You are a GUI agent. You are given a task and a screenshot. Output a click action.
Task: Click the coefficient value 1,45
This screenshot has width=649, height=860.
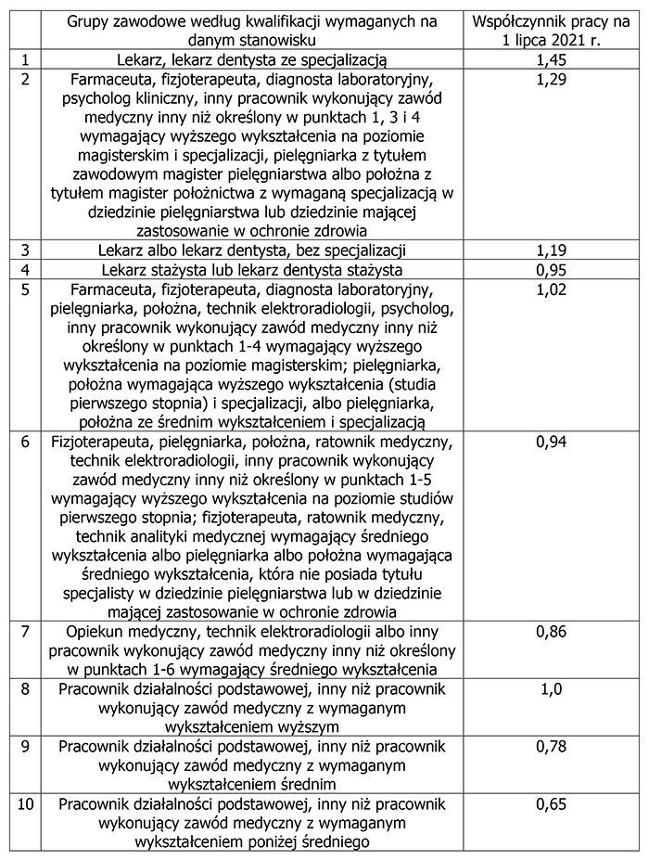[x=552, y=60]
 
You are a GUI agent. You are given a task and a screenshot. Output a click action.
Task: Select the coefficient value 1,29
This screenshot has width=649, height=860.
[x=552, y=80]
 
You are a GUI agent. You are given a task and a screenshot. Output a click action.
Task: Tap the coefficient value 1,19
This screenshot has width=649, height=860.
[x=552, y=250]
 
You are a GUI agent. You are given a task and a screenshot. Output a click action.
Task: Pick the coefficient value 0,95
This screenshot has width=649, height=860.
[x=552, y=270]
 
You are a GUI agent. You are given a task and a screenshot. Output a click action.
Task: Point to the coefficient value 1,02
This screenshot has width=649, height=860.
[x=552, y=290]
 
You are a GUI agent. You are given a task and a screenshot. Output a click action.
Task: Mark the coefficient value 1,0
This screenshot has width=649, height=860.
[x=552, y=689]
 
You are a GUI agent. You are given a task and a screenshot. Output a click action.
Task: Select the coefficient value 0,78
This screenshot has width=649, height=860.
[x=552, y=747]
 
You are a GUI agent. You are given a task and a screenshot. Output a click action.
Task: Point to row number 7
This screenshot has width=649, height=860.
[x=25, y=633]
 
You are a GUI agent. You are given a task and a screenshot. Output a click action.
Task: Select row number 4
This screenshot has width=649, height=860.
[x=25, y=270]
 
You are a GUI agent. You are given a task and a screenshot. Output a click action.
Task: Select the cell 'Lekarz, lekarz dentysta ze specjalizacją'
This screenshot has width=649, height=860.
[x=251, y=60]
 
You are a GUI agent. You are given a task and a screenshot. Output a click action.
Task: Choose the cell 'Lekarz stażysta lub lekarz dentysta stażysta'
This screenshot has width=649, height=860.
[x=251, y=270]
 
